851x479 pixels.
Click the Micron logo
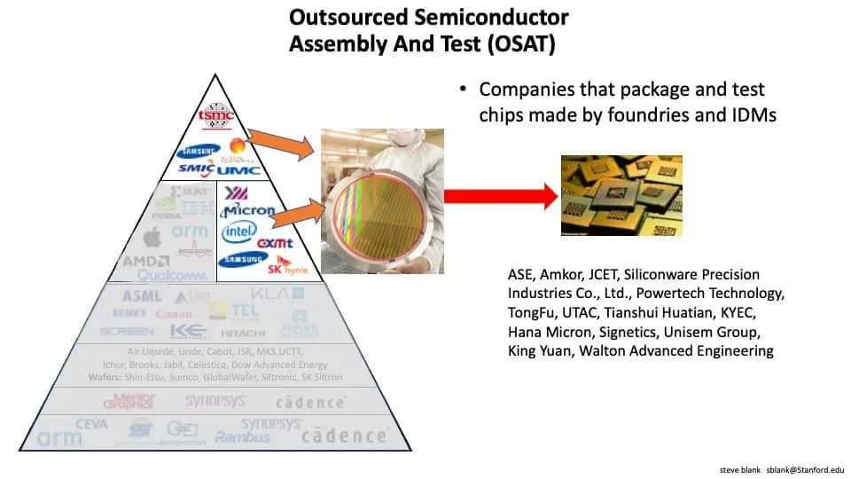click(x=248, y=211)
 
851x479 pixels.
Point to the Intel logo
click(x=239, y=232)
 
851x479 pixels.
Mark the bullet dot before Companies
click(x=463, y=90)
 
